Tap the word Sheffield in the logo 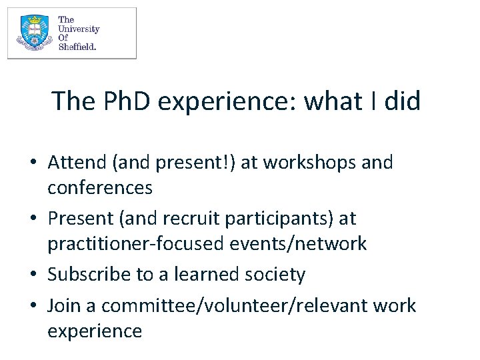pyautogui.click(x=77, y=47)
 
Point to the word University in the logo pyautogui.click(x=79, y=29)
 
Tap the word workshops pyautogui.click(x=304, y=162)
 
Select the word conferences pyautogui.click(x=100, y=188)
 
